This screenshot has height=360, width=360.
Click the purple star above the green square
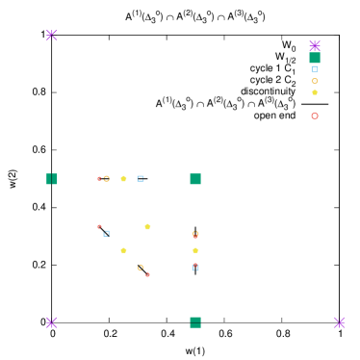click(x=315, y=45)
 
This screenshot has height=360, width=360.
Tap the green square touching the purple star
click(x=315, y=58)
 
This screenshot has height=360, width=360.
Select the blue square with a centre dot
click(x=314, y=69)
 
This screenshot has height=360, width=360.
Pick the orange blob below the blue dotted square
click(x=314, y=81)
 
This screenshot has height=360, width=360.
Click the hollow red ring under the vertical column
click(x=315, y=116)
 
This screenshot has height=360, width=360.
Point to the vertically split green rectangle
click(x=52, y=179)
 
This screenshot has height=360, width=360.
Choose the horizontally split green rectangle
click(x=195, y=322)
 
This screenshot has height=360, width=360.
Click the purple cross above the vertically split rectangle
click(x=52, y=36)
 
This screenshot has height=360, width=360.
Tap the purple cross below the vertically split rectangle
click(x=52, y=322)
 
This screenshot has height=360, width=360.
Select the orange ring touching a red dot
click(x=106, y=178)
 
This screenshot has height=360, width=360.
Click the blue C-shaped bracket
click(x=141, y=178)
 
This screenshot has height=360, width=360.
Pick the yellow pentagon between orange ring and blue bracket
click(x=123, y=178)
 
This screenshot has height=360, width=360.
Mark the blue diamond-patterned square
click(x=106, y=233)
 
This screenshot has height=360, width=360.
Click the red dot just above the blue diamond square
click(x=99, y=227)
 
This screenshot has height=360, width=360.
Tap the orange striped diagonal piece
click(x=141, y=268)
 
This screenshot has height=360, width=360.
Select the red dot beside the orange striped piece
click(x=147, y=275)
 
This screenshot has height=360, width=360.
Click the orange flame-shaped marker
click(x=195, y=234)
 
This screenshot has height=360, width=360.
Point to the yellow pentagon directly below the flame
click(x=195, y=250)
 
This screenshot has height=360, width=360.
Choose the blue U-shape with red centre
click(x=195, y=267)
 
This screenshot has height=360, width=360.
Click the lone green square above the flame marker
click(x=195, y=179)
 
